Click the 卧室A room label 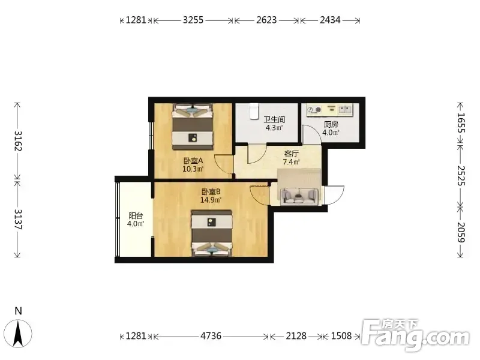tap(193, 160)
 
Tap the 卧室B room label tap(211, 192)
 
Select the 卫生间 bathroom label tap(274, 119)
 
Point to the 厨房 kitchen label tap(331, 125)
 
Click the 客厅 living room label tap(291, 154)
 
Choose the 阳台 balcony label tap(136, 215)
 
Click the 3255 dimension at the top tap(193, 20)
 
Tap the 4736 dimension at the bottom tap(211, 336)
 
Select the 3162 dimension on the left tap(18, 141)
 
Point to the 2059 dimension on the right tap(461, 232)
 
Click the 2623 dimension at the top tap(266, 20)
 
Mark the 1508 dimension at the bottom tap(341, 336)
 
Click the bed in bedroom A tap(193, 127)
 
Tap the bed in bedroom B tap(211, 233)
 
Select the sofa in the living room tap(299, 196)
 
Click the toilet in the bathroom tap(254, 111)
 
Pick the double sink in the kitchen tap(346, 109)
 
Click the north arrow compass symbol tap(19, 334)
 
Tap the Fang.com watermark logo tap(416, 335)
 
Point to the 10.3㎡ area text tap(193, 169)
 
